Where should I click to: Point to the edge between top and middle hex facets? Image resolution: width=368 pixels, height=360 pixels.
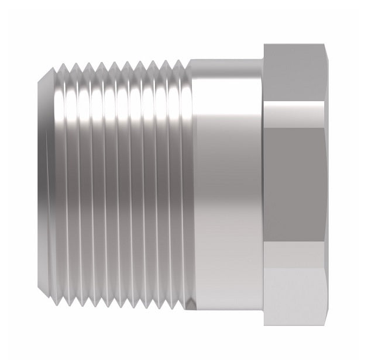pyautogui.click(x=294, y=102)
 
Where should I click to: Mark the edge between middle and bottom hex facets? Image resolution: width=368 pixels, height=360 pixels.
pyautogui.click(x=294, y=244)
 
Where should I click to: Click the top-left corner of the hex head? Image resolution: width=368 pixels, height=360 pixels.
pyautogui.click(x=264, y=44)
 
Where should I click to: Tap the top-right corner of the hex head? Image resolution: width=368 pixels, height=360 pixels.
pyautogui.click(x=323, y=44)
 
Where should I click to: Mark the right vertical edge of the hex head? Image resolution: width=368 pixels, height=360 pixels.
pyautogui.click(x=325, y=181)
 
